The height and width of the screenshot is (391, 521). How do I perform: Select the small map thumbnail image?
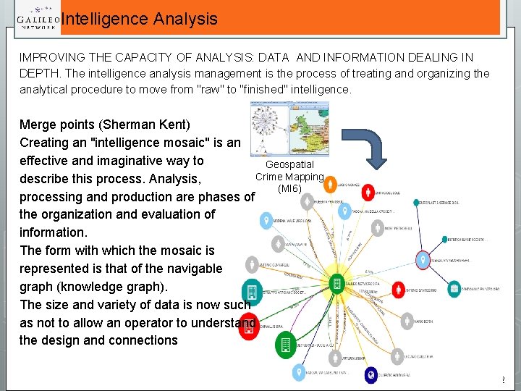[288, 128]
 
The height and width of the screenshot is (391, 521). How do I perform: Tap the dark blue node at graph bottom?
[371, 374]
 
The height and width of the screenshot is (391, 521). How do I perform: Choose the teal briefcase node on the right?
[454, 289]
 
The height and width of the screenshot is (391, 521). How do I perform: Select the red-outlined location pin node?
[423, 258]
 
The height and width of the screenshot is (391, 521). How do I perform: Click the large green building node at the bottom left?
[285, 345]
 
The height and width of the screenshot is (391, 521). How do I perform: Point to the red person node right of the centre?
[397, 289]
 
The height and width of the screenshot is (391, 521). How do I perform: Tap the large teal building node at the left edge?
[251, 292]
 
